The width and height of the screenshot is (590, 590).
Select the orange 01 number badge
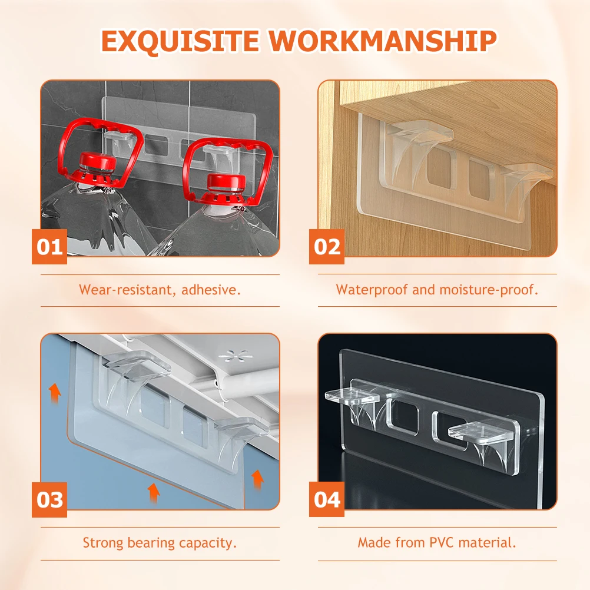click(49, 246)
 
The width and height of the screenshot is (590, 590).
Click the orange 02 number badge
click(327, 246)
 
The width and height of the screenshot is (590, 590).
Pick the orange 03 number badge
click(49, 499)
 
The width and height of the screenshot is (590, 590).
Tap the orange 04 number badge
click(327, 499)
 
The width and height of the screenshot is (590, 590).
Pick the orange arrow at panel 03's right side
click(257, 479)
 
